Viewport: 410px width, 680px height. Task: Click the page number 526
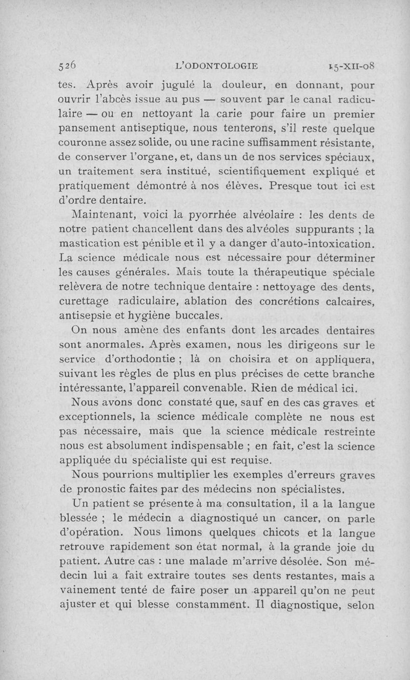coord(68,66)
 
